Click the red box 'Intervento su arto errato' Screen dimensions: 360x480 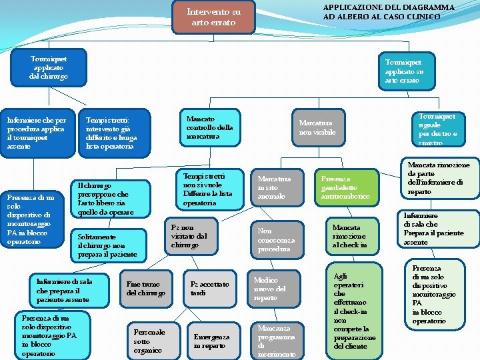click(x=213, y=17)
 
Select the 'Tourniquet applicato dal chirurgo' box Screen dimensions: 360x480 click(x=49, y=67)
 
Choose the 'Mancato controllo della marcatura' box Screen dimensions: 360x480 click(x=211, y=127)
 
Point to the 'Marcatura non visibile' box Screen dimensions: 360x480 click(x=317, y=128)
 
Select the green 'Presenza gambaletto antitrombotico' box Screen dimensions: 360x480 click(x=346, y=188)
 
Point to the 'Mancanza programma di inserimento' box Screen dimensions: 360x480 click(x=274, y=341)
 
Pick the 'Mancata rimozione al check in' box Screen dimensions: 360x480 click(x=350, y=236)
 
